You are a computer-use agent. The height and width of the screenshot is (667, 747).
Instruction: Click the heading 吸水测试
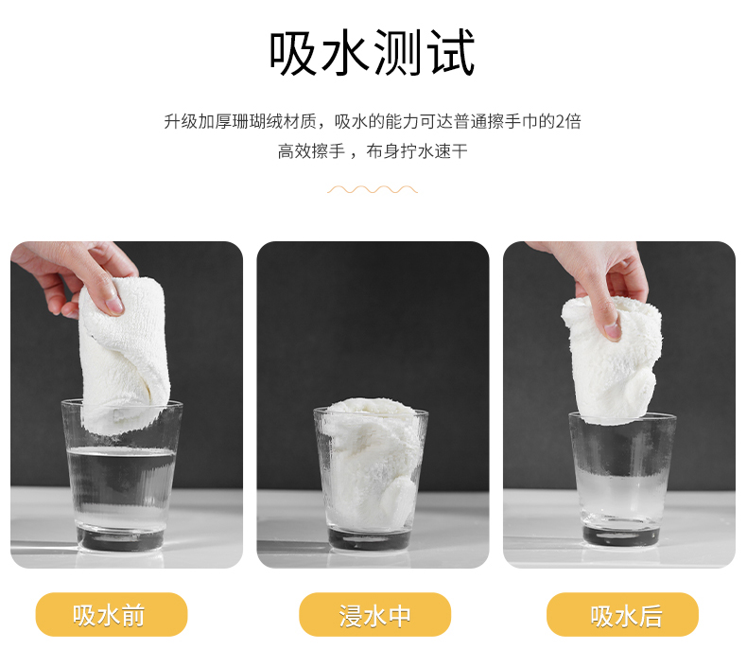(373, 52)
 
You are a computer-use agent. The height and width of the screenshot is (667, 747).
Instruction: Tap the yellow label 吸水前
(112, 615)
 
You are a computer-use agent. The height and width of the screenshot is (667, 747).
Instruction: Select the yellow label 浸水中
(375, 615)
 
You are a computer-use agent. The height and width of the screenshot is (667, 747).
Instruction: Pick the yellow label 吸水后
(623, 615)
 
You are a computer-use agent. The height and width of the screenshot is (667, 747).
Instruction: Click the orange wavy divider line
(373, 190)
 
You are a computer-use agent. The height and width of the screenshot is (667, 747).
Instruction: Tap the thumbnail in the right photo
(613, 330)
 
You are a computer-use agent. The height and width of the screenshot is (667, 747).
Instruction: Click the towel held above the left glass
(123, 355)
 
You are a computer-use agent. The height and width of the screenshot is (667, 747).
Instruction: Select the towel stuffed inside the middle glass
(369, 463)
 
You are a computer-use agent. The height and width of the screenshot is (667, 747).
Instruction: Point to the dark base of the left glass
(120, 538)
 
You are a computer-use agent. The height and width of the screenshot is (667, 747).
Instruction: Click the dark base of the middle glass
(370, 538)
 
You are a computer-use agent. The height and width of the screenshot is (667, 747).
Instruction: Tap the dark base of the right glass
(620, 535)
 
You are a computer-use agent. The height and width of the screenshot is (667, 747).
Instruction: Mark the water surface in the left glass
(121, 451)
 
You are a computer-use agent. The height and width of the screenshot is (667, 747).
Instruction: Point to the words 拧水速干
(434, 151)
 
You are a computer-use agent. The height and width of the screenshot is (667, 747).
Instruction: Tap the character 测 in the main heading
(398, 52)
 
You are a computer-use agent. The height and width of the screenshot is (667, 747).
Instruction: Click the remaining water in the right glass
(621, 496)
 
